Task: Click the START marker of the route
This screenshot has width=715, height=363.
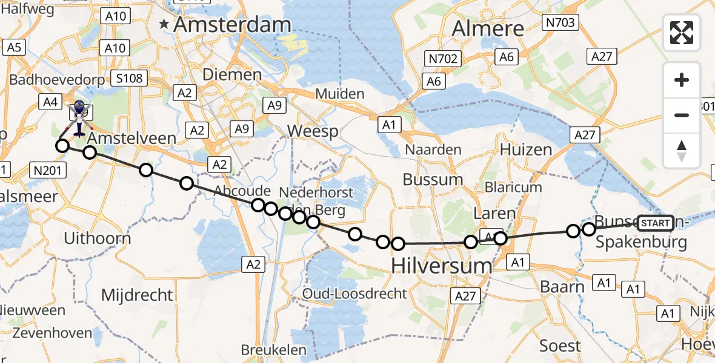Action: tap(656, 223)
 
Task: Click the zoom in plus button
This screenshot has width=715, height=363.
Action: tap(682, 80)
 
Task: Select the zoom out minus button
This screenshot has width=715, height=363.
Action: tap(682, 115)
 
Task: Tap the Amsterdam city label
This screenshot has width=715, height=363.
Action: tap(232, 25)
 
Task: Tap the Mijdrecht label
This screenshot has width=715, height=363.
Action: tap(137, 295)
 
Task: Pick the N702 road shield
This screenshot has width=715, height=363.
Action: tap(444, 59)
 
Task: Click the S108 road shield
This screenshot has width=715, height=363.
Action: tap(130, 78)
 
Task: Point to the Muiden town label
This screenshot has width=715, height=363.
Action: tap(339, 94)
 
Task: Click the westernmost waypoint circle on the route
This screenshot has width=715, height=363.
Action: tap(62, 145)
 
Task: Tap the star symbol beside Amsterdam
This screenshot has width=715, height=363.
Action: tap(164, 25)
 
